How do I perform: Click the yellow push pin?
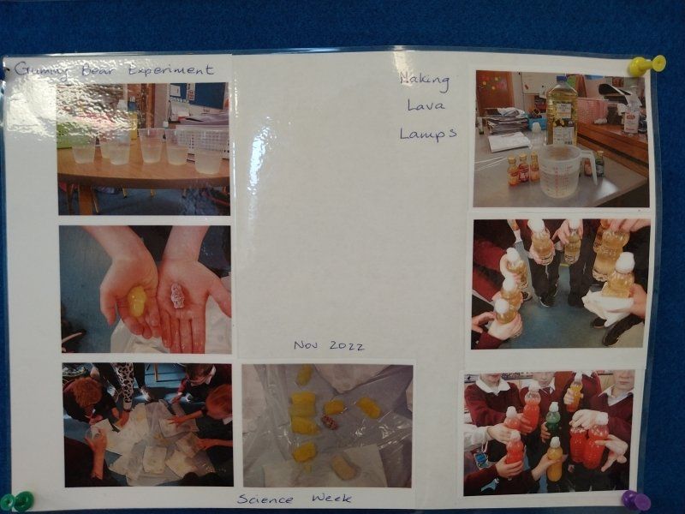[x=646, y=65]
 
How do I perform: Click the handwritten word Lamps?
[x=428, y=134]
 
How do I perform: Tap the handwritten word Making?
[x=425, y=81]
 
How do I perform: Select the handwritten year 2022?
[x=347, y=346]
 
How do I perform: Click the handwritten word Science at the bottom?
[x=265, y=499]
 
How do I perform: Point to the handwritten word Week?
[x=331, y=498]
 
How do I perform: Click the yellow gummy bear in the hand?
[x=136, y=302]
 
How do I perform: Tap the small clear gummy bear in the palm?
[x=177, y=296]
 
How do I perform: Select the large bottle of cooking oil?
[x=562, y=110]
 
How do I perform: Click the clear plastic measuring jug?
[x=563, y=170]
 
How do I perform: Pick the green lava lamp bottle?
[x=552, y=418]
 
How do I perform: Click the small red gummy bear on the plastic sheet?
[x=331, y=421]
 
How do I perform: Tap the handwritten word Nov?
[x=306, y=345]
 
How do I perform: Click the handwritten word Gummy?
[x=41, y=70]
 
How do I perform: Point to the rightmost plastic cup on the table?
[x=208, y=159]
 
